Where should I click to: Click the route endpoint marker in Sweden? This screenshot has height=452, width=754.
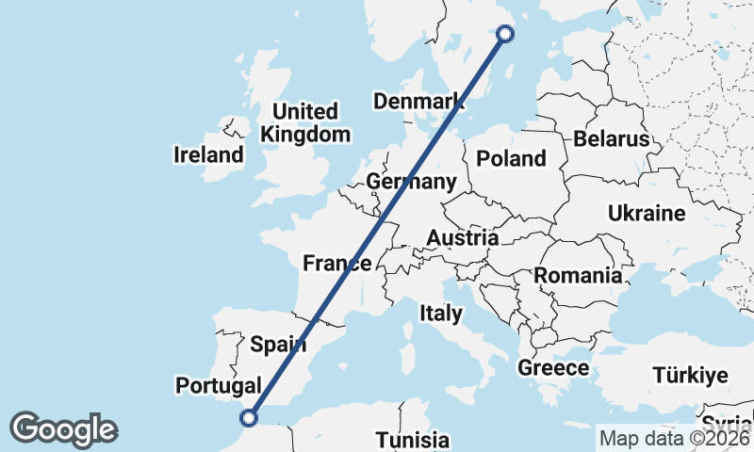(505, 34)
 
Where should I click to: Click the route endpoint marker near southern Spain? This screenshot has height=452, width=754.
(250, 417)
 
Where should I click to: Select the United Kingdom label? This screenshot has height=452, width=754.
(305, 122)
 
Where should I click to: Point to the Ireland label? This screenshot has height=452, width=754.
(209, 154)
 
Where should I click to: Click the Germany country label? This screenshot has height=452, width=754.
(412, 182)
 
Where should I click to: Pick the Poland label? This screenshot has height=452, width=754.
(512, 158)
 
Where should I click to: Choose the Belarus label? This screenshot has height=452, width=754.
(612, 139)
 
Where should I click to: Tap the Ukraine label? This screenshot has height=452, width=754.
(647, 214)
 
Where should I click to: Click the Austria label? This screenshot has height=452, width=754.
(462, 238)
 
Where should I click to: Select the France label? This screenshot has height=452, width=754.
(336, 264)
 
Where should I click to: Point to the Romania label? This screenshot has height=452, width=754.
(579, 276)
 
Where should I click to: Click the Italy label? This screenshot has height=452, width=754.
(441, 313)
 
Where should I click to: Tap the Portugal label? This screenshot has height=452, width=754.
(218, 385)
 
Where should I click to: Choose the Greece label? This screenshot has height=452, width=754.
(553, 367)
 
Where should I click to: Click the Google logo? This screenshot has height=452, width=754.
(63, 429)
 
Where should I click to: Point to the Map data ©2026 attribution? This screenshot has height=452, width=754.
(673, 438)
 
